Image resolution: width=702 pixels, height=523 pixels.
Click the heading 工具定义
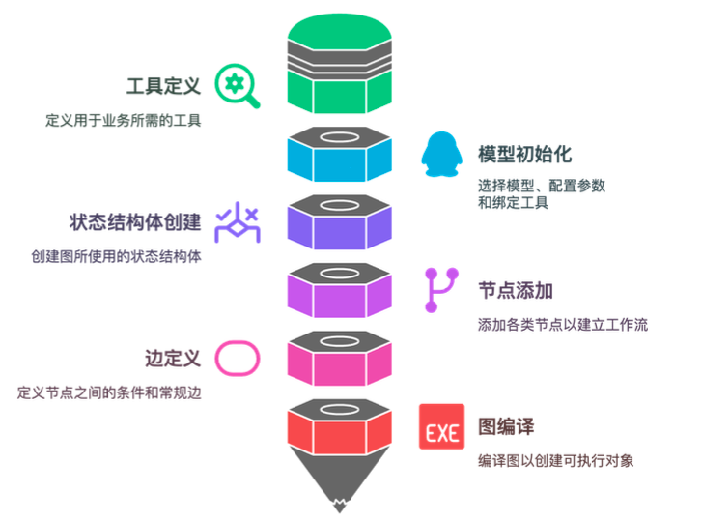point(164,86)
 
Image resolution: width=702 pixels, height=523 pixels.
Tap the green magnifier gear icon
point(237,86)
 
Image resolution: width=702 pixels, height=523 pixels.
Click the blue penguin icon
point(441,155)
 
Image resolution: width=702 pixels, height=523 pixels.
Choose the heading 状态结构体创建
point(135,222)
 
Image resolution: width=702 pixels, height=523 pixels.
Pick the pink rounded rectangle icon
point(237,358)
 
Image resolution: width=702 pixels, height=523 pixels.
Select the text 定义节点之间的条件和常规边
point(114,392)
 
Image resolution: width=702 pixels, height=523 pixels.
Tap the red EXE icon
point(441,426)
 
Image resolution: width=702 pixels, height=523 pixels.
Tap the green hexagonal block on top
point(341,68)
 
